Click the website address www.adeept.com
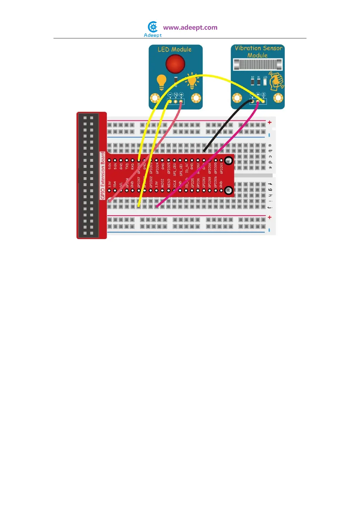coord(190,28)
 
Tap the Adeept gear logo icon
coord(153,27)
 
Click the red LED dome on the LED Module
coord(175,64)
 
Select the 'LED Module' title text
coord(175,49)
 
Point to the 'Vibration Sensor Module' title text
coord(258,51)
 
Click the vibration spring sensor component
coord(258,64)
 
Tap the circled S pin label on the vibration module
coord(264,95)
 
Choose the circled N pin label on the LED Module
coord(176,95)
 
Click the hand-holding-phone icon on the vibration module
coord(276,81)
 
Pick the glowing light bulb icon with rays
coord(192,81)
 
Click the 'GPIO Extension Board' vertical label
coord(103,175)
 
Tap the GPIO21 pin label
coord(222,168)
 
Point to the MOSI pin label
coord(163,183)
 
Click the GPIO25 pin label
coord(169,168)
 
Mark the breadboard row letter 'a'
coord(270,145)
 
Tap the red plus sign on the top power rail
coord(270,122)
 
